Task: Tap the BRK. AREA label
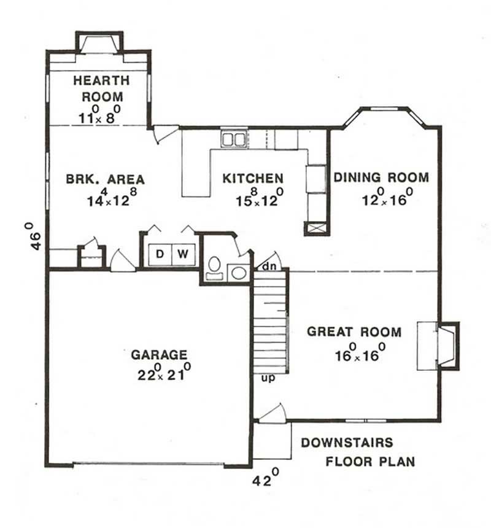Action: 105,179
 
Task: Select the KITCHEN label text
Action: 253,178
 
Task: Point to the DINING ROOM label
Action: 381,177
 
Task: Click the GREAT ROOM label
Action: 354,332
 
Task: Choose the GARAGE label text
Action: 159,354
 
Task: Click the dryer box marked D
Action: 159,254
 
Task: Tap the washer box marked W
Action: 182,254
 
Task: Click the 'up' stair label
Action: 268,377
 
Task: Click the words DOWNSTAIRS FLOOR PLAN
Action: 358,452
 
